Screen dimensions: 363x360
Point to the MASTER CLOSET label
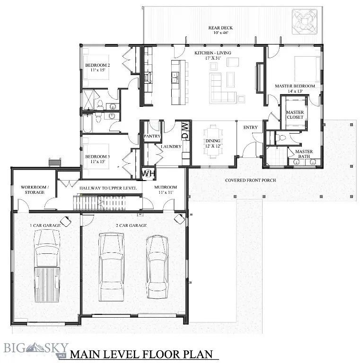pyautogui.click(x=295, y=115)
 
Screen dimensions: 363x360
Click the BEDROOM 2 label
pyautogui.click(x=97, y=67)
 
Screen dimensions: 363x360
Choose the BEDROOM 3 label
pyautogui.click(x=97, y=159)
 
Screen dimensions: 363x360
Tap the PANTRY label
pyautogui.click(x=152, y=136)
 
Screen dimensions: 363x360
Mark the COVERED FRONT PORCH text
pyautogui.click(x=250, y=180)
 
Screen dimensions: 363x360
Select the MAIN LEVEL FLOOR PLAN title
pyautogui.click(x=141, y=354)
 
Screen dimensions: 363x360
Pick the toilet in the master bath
pyautogui.click(x=282, y=138)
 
